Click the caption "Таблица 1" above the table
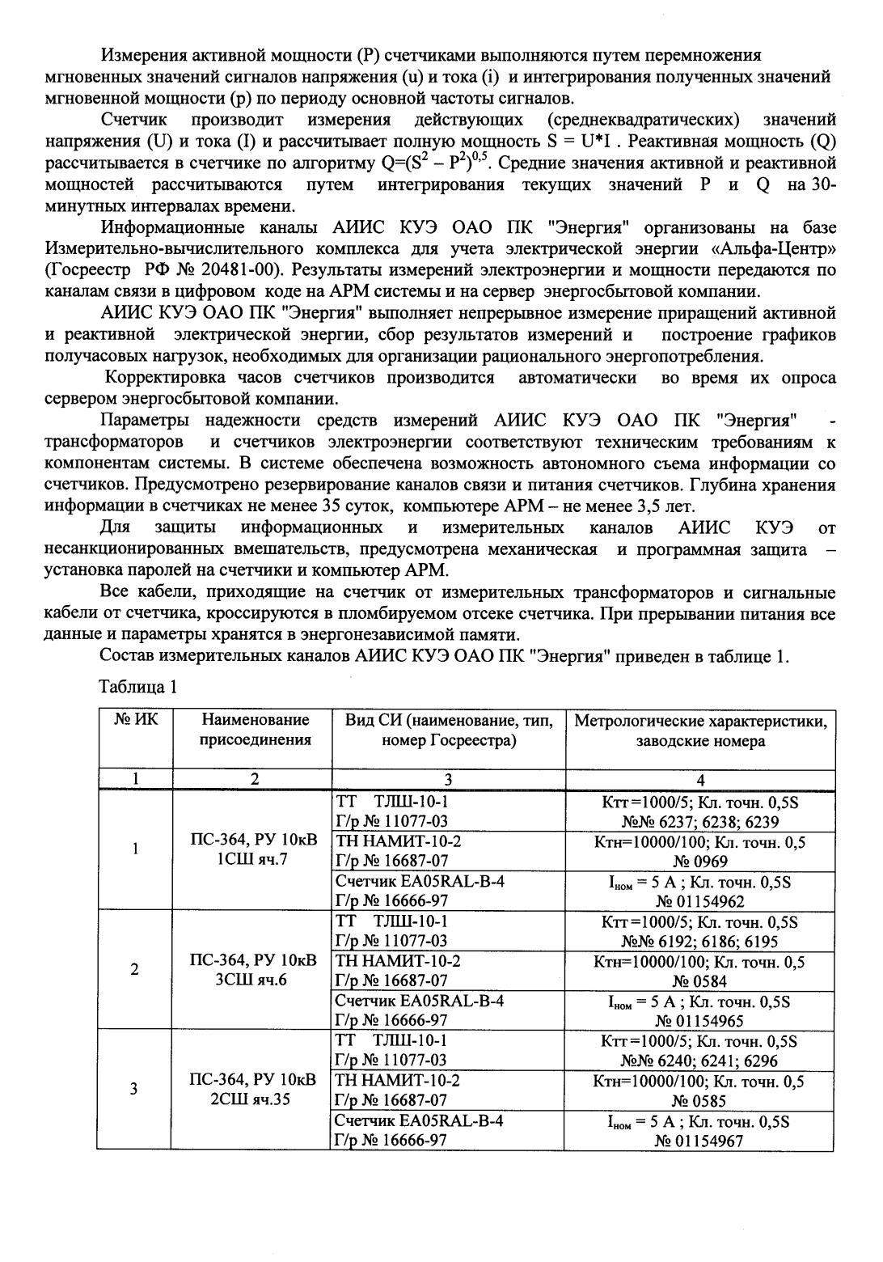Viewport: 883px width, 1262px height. coord(137,688)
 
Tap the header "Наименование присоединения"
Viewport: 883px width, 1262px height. coord(256,730)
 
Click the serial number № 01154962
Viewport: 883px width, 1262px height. coord(700,901)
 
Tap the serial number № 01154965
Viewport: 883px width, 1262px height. coord(700,1020)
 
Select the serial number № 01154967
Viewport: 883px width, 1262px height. coord(700,1141)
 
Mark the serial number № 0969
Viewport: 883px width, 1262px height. coord(700,862)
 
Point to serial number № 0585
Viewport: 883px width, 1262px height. coord(700,1100)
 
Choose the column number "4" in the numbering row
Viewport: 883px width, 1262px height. coord(700,780)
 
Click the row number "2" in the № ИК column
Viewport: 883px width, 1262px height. coord(135,969)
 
